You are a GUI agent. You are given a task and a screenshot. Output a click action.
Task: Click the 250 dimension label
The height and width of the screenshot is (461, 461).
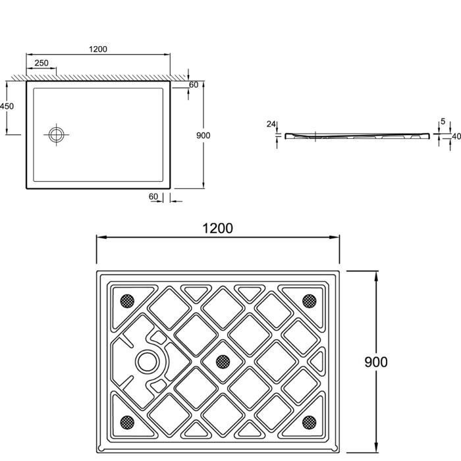click(41, 63)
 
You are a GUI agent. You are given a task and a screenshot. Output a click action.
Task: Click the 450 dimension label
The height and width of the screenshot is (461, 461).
click(7, 106)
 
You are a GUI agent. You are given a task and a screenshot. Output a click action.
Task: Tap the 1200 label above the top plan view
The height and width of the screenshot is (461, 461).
click(98, 49)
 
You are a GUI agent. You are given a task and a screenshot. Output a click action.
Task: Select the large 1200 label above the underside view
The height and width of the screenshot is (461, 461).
click(217, 229)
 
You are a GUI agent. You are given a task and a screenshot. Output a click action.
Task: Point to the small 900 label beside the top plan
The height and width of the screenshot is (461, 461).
click(203, 136)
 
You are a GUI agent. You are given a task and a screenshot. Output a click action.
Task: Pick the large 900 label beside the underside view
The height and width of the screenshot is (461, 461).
click(376, 362)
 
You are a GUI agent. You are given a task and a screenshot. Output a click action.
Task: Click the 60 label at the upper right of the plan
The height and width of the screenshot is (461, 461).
click(194, 85)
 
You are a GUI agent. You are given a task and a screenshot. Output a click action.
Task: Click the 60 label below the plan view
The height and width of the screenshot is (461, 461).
click(153, 196)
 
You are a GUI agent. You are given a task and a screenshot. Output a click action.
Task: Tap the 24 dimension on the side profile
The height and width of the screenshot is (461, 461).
click(271, 124)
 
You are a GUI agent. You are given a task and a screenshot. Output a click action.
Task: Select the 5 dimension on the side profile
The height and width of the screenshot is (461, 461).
click(443, 121)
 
